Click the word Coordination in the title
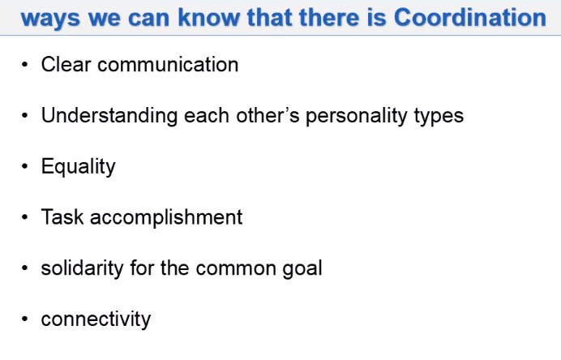469,17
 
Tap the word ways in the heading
50,19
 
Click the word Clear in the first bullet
66,64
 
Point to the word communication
168,64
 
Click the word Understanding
109,116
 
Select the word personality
357,116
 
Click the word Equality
79,167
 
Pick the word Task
62,216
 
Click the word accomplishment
166,218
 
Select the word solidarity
83,268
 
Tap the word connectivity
96,319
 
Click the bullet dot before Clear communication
24,65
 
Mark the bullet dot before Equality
24,166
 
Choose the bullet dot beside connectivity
24,319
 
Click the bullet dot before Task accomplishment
24,217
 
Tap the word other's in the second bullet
268,115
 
